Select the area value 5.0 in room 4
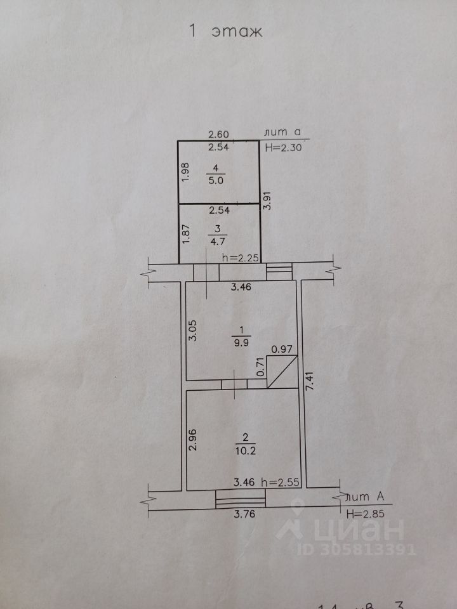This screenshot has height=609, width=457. click(x=216, y=180)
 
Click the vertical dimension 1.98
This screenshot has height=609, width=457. click(x=185, y=173)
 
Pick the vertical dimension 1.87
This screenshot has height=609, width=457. click(x=186, y=233)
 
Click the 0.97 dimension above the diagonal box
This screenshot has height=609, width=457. click(x=281, y=349)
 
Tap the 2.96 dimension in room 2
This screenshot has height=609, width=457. click(x=194, y=440)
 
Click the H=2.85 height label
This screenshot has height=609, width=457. click(x=365, y=514)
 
